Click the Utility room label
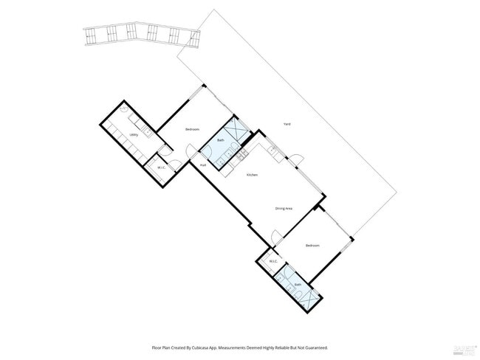click(x=134, y=135)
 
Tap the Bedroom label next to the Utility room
click(x=193, y=130)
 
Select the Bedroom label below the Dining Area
click(x=312, y=246)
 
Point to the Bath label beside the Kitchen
click(x=220, y=140)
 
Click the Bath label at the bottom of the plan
click(x=298, y=284)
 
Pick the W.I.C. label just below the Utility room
click(x=160, y=168)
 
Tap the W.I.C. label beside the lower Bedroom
click(x=272, y=261)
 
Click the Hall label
click(x=202, y=165)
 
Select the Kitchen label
click(x=252, y=174)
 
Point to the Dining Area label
click(x=284, y=209)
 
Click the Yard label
click(x=287, y=123)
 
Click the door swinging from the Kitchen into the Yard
click(x=296, y=160)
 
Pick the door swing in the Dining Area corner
click(x=276, y=238)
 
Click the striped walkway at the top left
click(x=140, y=34)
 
